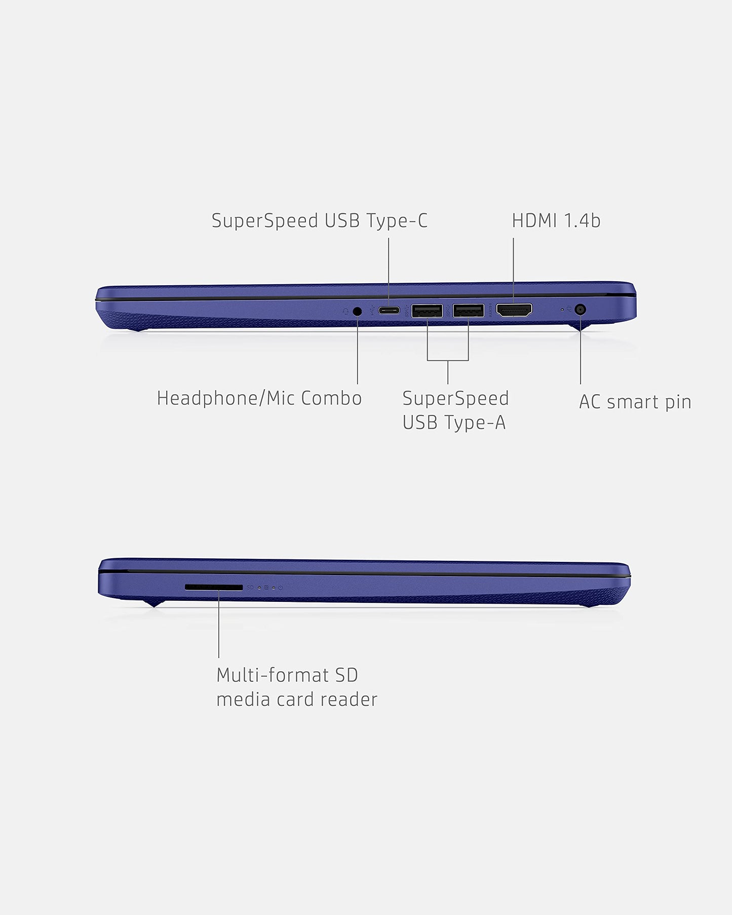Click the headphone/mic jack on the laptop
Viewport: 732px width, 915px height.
[358, 311]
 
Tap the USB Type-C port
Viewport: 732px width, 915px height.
[390, 310]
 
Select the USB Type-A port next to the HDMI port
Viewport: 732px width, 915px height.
[468, 311]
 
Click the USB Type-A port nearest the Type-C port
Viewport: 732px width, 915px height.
[427, 311]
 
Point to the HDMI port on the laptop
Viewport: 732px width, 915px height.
[514, 310]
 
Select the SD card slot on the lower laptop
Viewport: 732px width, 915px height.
[213, 587]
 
